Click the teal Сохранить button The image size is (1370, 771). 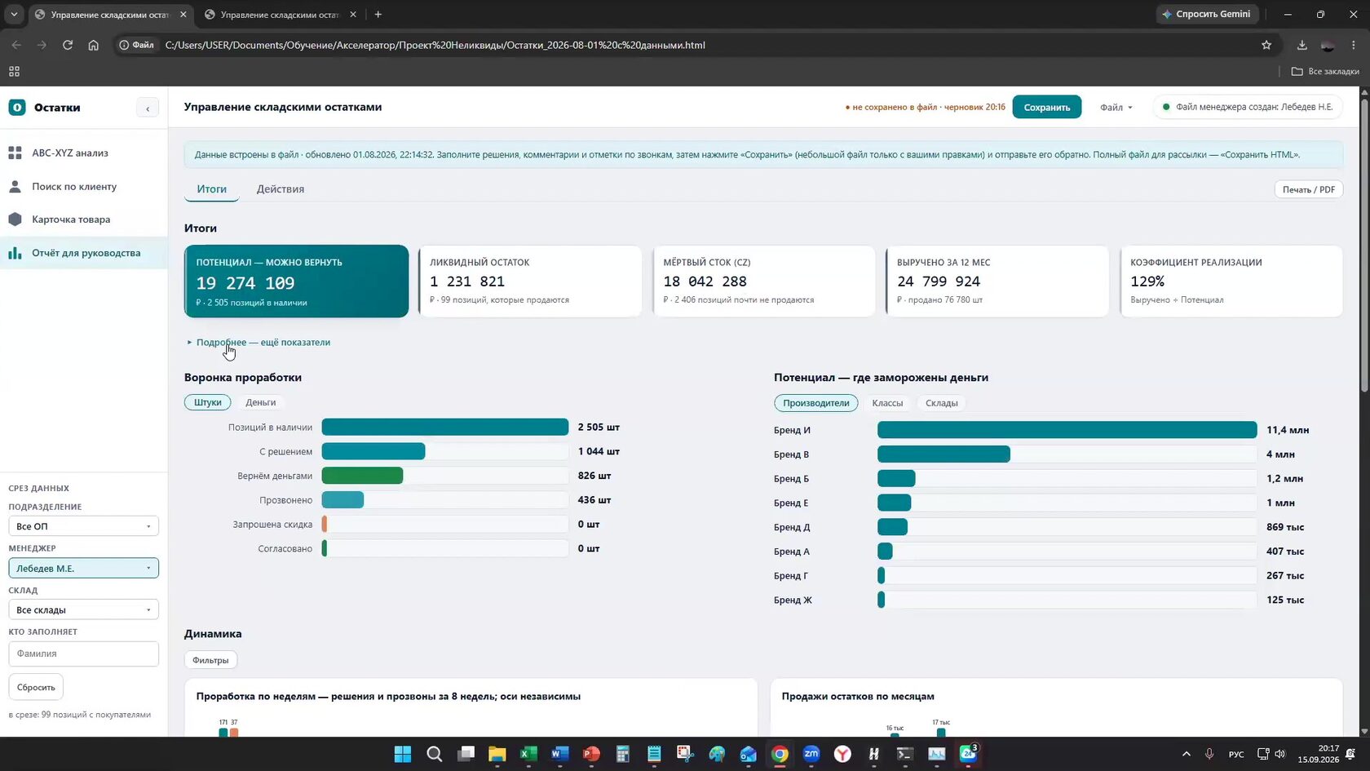[x=1046, y=107]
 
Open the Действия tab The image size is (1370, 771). [x=281, y=189]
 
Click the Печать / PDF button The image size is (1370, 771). [x=1308, y=189]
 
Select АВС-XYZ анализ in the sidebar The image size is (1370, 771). [x=70, y=153]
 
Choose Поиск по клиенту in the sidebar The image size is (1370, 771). [x=74, y=187]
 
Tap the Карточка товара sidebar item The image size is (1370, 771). [x=71, y=219]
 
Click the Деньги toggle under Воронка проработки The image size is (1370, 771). [x=261, y=403]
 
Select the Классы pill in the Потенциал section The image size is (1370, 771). [x=887, y=403]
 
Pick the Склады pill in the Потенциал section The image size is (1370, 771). [x=941, y=403]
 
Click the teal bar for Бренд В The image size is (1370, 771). [x=944, y=454]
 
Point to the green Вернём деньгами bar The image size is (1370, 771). [x=362, y=476]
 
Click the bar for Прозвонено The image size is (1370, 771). [x=342, y=501]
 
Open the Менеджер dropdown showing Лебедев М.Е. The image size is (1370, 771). [x=84, y=569]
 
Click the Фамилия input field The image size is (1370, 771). [x=84, y=654]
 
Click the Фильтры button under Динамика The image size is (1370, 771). [x=210, y=660]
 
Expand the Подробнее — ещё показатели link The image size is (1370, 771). [x=263, y=343]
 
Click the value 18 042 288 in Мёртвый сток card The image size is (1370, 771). [x=705, y=281]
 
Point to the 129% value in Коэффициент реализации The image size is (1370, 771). [x=1147, y=281]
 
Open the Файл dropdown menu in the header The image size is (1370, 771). [x=1116, y=108]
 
